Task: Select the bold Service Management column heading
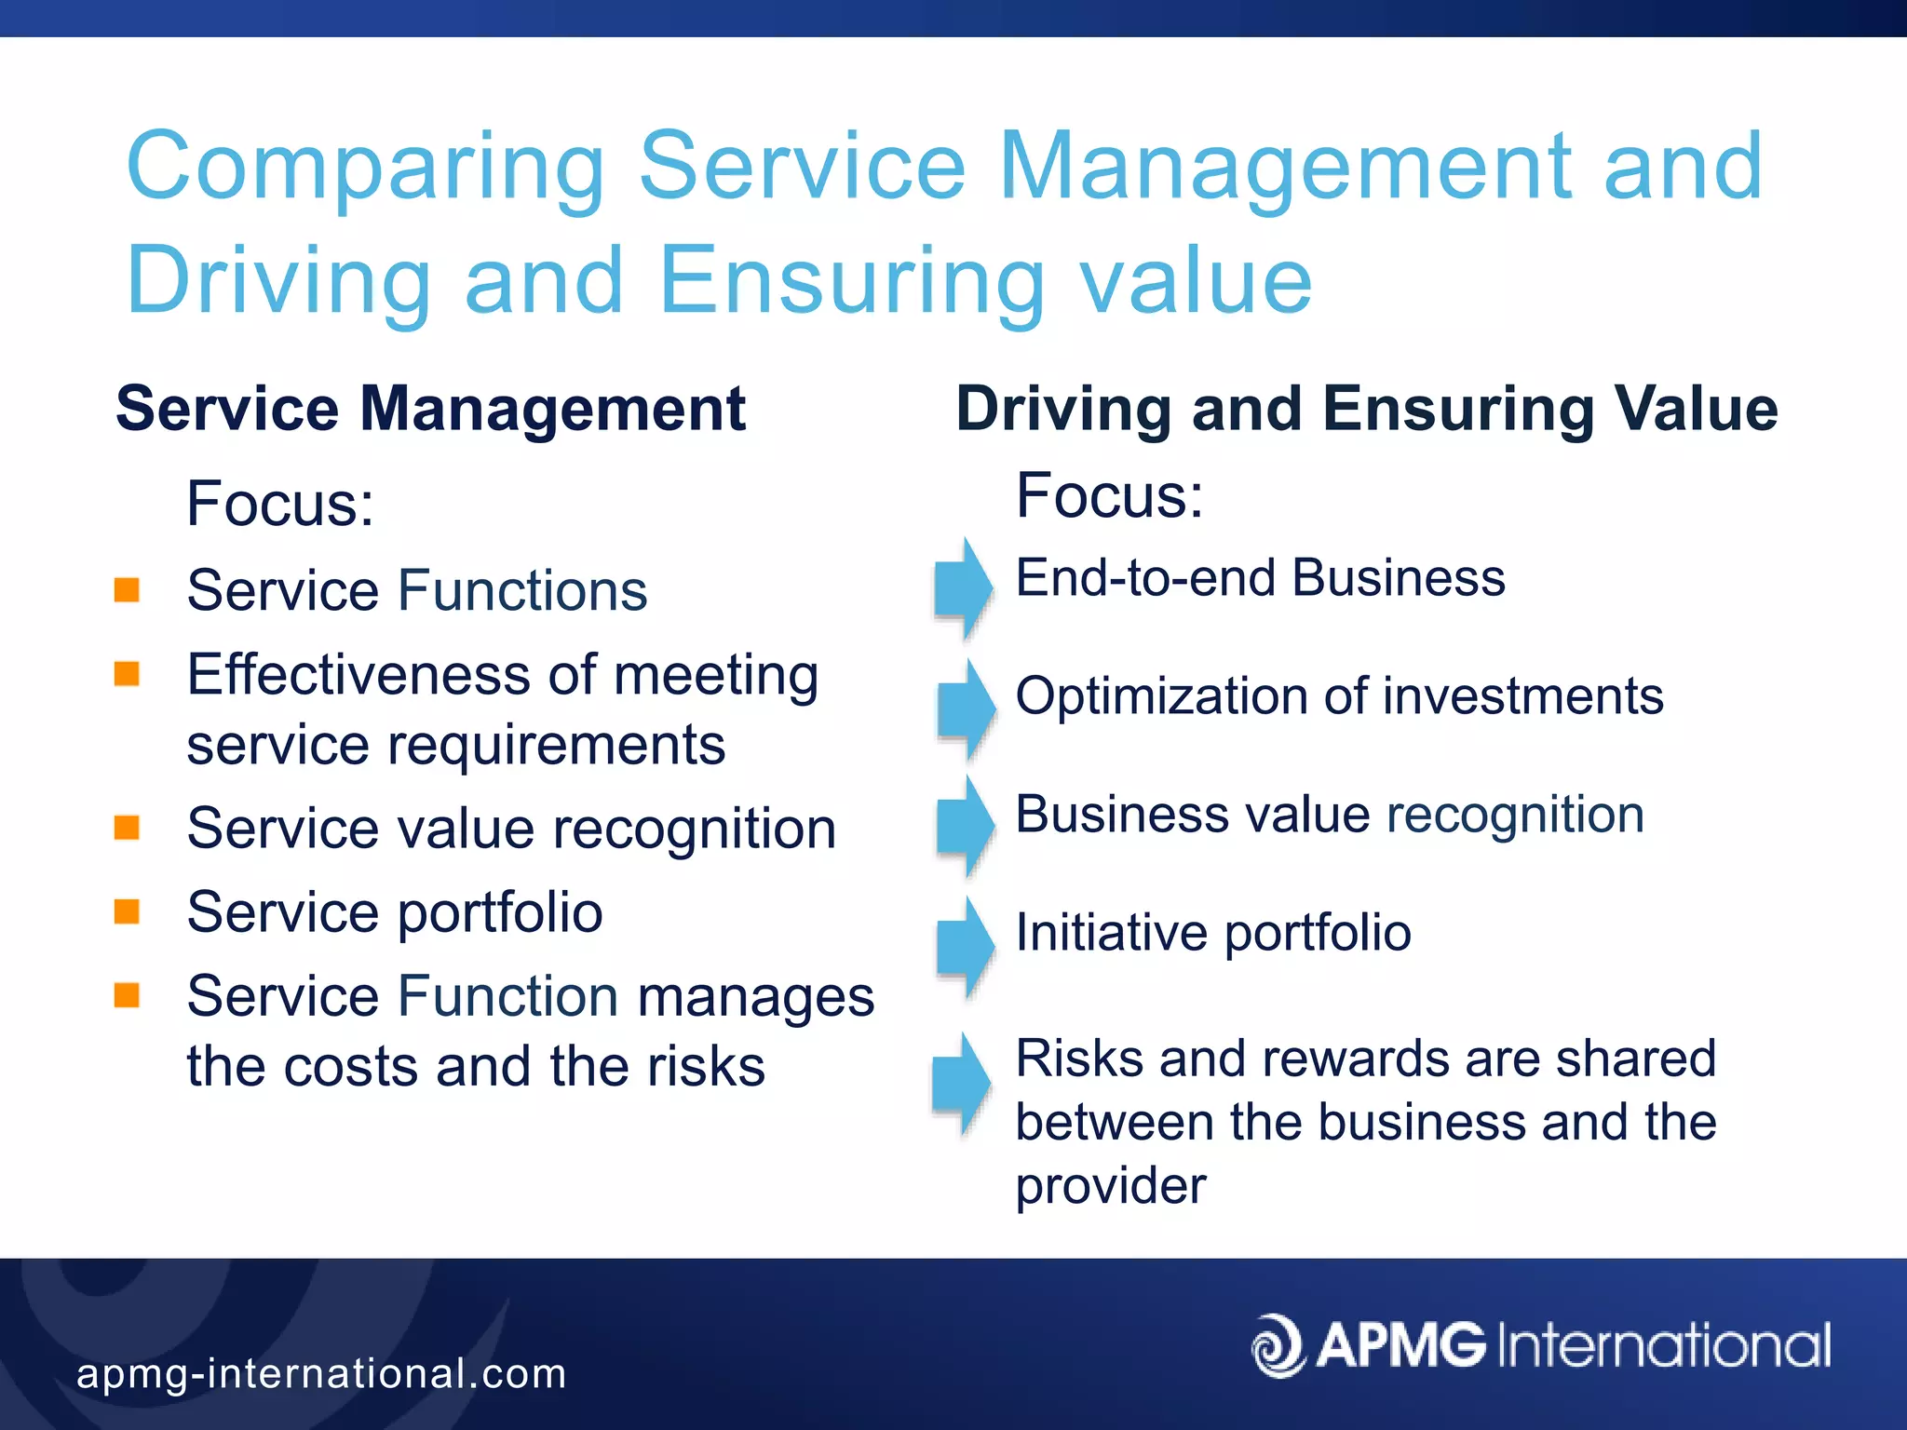[430, 409]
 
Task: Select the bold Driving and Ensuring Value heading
[1366, 409]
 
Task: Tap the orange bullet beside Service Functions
[127, 589]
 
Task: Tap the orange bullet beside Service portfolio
[127, 911]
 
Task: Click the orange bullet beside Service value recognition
[127, 827]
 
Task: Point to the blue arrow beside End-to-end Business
[965, 587]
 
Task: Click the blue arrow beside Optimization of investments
[967, 708]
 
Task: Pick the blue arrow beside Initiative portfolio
[967, 946]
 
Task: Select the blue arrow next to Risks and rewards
[963, 1084]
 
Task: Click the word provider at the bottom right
[1110, 1186]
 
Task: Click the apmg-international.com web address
[321, 1373]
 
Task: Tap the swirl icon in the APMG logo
[1278, 1345]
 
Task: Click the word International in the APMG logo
[1664, 1345]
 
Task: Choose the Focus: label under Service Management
[279, 504]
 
